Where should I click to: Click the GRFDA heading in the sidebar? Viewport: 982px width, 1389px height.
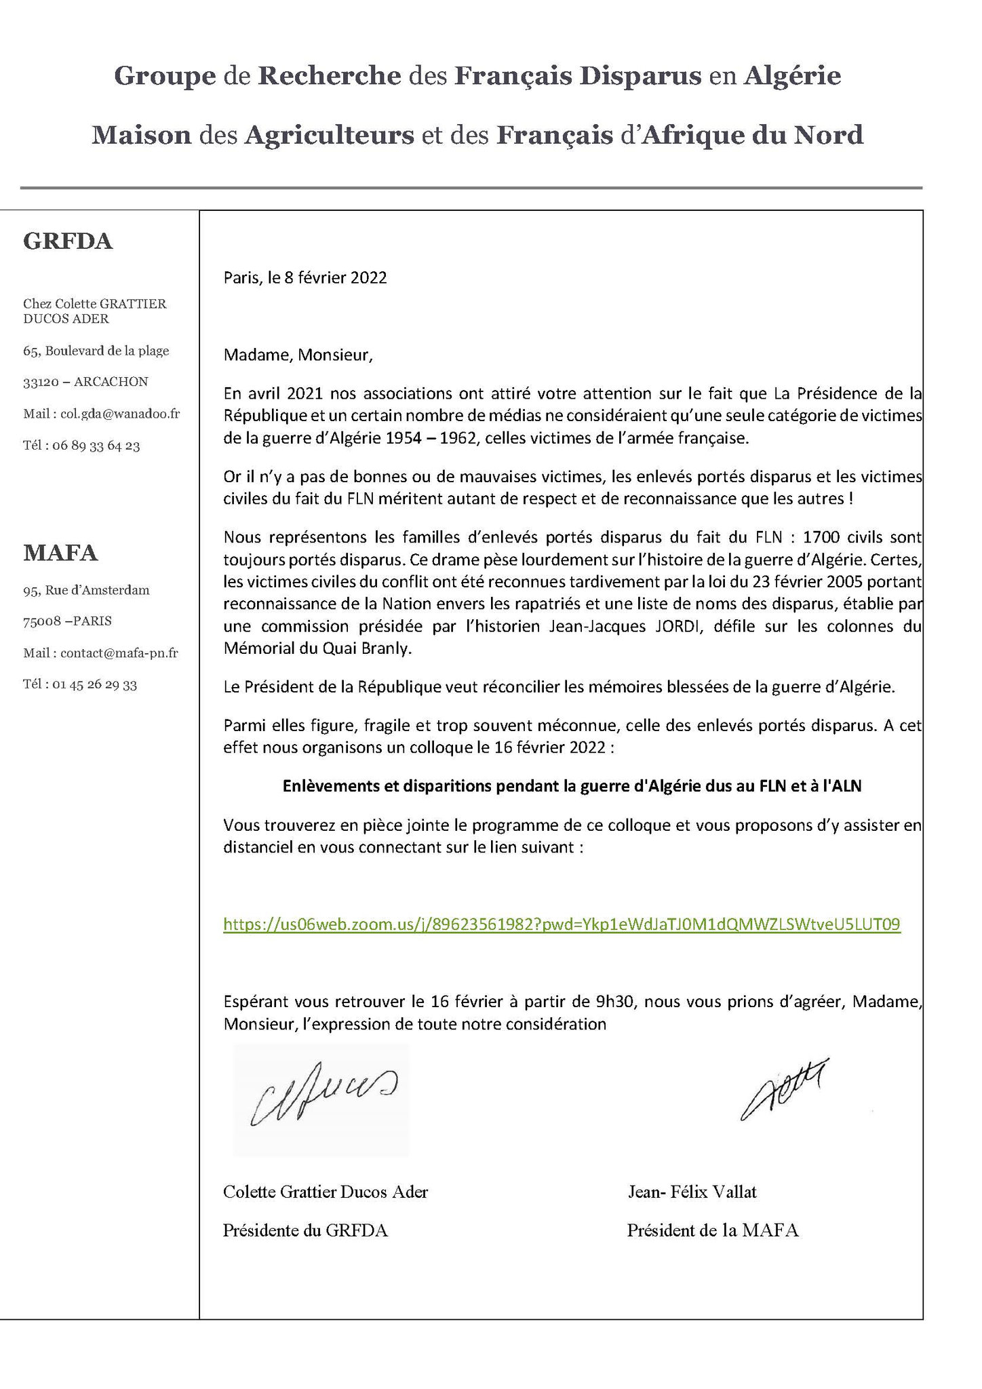(x=68, y=242)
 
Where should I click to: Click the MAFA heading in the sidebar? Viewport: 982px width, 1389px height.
(x=60, y=553)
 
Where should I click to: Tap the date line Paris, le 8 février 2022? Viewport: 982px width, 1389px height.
(x=305, y=278)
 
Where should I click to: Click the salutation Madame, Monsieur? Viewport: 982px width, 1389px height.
(x=298, y=355)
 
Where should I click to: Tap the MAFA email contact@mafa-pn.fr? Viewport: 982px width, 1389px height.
(x=119, y=653)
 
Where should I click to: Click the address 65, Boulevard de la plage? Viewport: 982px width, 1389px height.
(x=96, y=351)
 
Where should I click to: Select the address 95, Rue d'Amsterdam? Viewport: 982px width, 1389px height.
(x=86, y=590)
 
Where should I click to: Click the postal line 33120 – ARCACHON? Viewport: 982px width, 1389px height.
(x=85, y=382)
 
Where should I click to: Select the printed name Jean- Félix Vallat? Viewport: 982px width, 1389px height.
(x=691, y=1192)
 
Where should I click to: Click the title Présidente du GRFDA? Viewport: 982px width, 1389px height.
(x=305, y=1230)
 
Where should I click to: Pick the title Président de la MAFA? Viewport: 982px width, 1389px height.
(x=712, y=1230)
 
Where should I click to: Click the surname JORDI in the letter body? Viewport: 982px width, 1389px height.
(x=678, y=626)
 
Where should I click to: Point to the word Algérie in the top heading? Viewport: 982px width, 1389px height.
(x=793, y=76)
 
